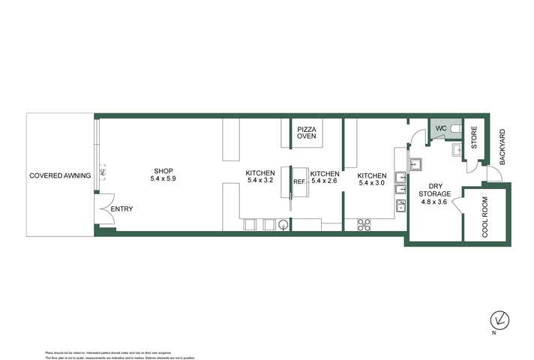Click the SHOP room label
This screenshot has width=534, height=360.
pos(163,170)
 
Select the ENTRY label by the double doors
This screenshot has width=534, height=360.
pos(121,208)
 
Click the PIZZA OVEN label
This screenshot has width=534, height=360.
pos(307,133)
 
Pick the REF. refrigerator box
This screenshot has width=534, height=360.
pos(298,182)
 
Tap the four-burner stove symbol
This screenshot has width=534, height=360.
pos(365,223)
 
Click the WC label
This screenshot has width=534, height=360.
pos(440,129)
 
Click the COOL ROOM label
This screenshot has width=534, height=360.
pos(485,216)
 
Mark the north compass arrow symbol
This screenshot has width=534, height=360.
pos(494,317)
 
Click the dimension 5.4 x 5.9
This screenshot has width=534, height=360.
pos(163,178)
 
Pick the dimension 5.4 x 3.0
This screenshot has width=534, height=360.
pos(372,183)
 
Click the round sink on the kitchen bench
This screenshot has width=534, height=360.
pos(283,223)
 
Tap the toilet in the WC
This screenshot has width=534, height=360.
pos(457,129)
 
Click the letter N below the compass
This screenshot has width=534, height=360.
pos(493,331)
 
